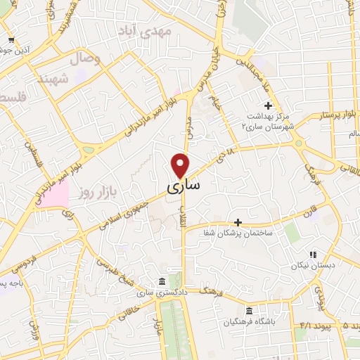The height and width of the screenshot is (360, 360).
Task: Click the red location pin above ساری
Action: point(181,165)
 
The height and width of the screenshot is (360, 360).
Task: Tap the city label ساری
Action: point(184,186)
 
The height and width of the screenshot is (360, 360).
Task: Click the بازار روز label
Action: point(96,191)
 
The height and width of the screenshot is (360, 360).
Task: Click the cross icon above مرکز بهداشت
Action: point(267,105)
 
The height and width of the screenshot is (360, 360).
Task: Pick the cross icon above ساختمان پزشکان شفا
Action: point(238,221)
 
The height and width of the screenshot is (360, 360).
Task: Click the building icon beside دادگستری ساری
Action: point(162,280)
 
